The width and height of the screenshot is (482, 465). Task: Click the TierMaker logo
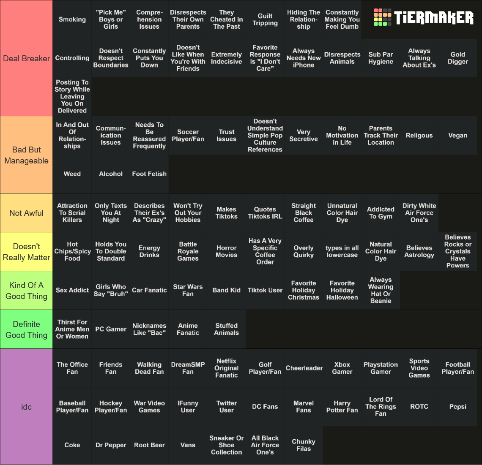click(423, 17)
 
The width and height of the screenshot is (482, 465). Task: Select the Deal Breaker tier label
click(27, 58)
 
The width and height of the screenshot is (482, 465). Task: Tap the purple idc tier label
click(27, 407)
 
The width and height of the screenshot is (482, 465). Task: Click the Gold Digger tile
click(458, 58)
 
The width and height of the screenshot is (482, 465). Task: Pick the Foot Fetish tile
click(149, 174)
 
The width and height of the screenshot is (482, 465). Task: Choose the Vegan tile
click(458, 136)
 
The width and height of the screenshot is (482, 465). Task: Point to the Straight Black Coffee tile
click(304, 213)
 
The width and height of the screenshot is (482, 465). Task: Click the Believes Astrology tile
click(419, 251)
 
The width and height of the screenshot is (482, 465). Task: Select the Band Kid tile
click(227, 290)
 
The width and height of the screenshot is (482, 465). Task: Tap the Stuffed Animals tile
click(227, 329)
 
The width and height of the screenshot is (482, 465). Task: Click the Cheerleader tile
click(304, 368)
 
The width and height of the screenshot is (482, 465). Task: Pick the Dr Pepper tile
click(111, 445)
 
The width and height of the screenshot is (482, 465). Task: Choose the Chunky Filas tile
click(304, 445)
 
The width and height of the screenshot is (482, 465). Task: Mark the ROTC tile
click(419, 407)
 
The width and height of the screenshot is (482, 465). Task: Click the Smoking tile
click(72, 19)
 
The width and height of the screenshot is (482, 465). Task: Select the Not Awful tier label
click(27, 213)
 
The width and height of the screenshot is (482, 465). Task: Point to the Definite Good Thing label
click(27, 329)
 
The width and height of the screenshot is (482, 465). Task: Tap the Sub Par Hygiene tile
click(381, 58)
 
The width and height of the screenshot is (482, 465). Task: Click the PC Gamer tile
click(111, 329)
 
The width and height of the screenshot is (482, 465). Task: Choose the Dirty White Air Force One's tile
click(419, 213)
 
